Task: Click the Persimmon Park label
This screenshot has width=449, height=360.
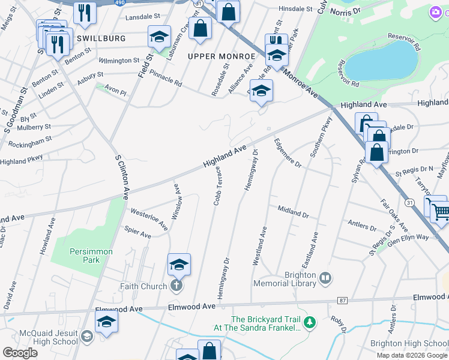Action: pos(83,256)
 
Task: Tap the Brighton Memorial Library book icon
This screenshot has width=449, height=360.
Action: pos(325,278)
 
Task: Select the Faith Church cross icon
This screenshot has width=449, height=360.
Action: pos(176,286)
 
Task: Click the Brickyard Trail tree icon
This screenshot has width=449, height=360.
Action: pos(310,323)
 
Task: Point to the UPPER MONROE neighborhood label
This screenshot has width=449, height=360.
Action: pos(221,56)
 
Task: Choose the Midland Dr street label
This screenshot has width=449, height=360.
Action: pos(293,211)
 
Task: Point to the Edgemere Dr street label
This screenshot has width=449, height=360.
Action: pos(287,153)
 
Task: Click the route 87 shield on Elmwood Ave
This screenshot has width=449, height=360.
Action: pos(342,300)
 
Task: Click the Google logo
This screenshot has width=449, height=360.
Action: pos(20,352)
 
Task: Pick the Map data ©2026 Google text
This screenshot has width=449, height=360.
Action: pos(411,355)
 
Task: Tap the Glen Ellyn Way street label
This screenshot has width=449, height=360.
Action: pos(409,237)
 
